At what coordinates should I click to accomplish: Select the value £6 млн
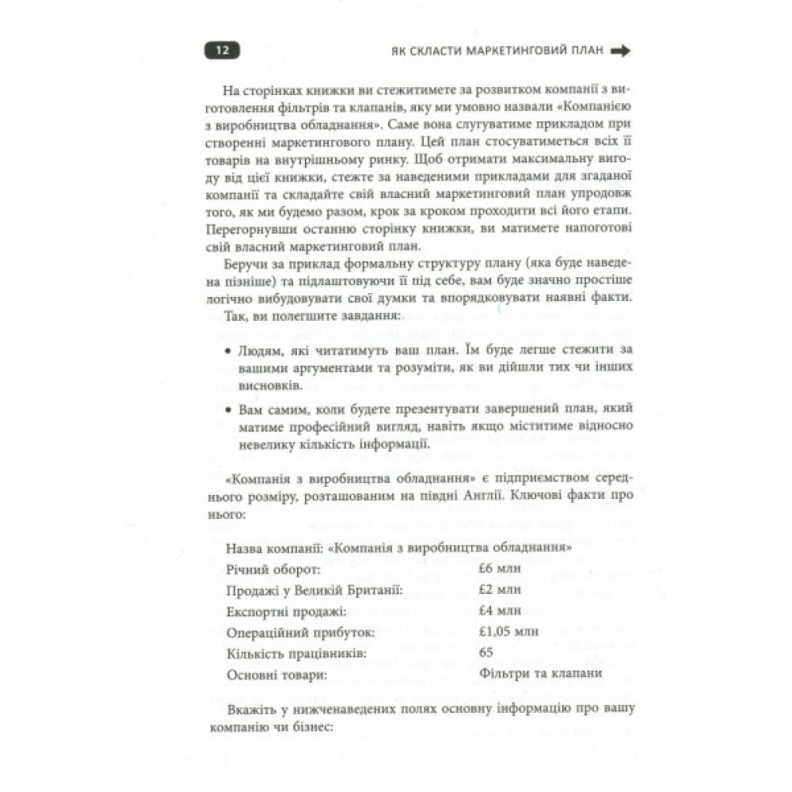pos(501,569)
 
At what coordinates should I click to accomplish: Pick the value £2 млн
pos(501,590)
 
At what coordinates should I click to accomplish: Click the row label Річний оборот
pos(273,569)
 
